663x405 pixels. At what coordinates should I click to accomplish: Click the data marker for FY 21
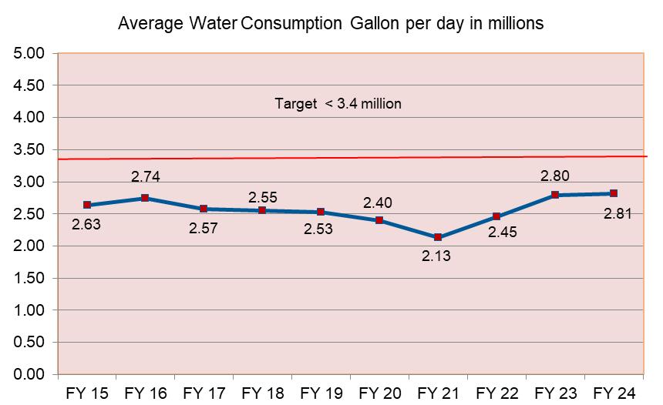click(438, 237)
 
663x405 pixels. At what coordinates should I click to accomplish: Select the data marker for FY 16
click(146, 198)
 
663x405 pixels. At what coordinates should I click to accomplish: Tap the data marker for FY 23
click(555, 195)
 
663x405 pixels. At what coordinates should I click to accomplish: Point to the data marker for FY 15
click(87, 205)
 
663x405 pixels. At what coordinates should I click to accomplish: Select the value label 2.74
click(146, 176)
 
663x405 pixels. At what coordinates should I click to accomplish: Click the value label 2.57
click(204, 229)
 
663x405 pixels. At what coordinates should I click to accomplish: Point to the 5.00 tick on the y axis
click(32, 54)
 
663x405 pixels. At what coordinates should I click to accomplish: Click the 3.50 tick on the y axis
click(32, 150)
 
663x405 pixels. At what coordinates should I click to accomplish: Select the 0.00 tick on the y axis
click(32, 375)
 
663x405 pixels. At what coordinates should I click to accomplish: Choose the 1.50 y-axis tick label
click(32, 278)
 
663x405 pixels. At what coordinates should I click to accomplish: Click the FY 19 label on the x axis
click(321, 393)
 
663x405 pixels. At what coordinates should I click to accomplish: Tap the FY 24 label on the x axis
click(614, 393)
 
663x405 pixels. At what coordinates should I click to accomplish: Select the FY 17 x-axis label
click(204, 393)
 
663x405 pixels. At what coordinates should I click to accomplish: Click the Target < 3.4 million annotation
click(338, 103)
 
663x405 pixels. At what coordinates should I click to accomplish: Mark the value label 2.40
click(379, 203)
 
